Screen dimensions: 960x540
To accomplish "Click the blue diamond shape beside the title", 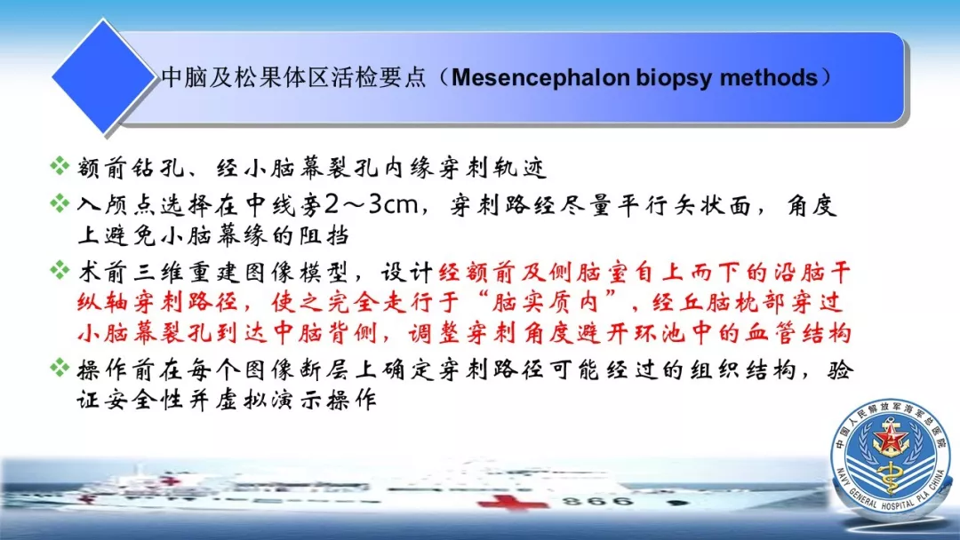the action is coord(103,75).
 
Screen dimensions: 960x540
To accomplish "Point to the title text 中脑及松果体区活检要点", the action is coord(293,77).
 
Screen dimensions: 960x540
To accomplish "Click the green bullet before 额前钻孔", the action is coord(60,165).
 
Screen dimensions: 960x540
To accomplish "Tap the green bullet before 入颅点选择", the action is coord(60,203).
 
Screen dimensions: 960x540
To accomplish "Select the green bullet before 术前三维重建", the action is coord(60,270).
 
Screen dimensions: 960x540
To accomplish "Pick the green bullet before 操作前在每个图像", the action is coord(60,368).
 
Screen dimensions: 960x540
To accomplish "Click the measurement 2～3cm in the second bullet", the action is coord(371,205).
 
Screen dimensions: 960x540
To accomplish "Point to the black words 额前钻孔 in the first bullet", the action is coord(131,167).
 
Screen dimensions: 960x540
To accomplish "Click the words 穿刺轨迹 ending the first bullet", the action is coord(492,167).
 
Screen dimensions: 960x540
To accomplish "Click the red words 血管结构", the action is coord(797,333).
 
